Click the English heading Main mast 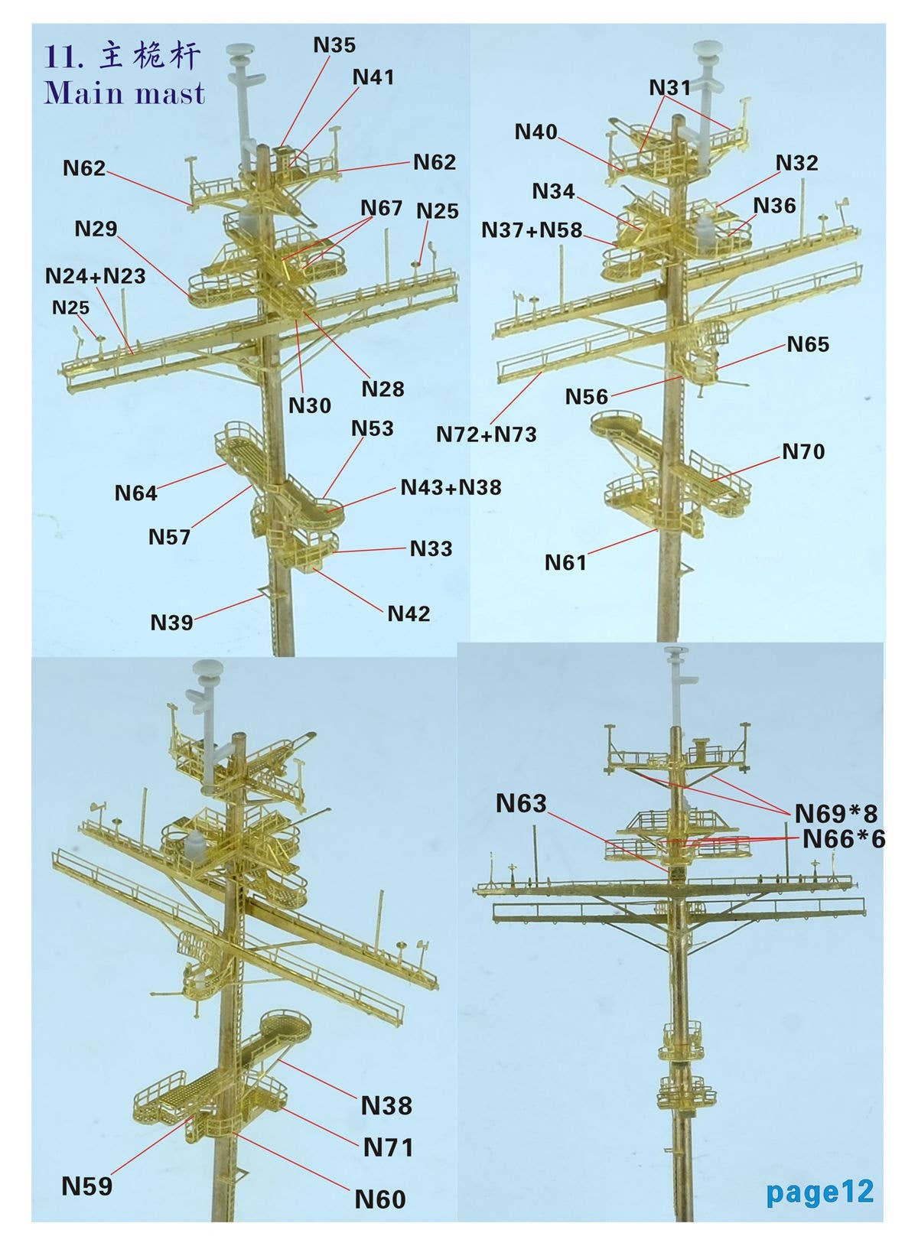point(125,93)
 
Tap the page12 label point(819,1191)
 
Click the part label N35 point(334,46)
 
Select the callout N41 point(373,77)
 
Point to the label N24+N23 point(96,276)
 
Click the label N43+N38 point(451,487)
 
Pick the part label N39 point(171,622)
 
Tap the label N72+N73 point(487,434)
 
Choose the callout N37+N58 point(532,230)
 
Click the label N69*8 point(836,812)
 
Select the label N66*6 point(843,839)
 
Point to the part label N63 point(521,803)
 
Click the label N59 point(86,1186)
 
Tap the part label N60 point(380,1199)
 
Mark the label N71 point(388,1147)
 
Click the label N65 point(808,345)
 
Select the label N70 point(803,452)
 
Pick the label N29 point(96,229)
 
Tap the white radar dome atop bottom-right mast point(677,652)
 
